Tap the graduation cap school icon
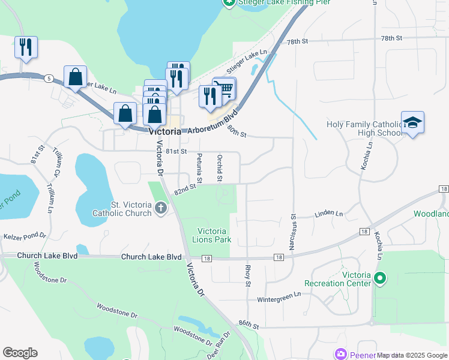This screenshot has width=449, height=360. pos(412,122)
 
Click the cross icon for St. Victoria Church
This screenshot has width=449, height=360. pos(160,208)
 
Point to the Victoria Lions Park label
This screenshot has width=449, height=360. pos(214,235)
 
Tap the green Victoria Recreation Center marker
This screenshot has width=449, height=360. pos(379,278)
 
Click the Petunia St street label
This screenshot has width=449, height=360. pos(199,168)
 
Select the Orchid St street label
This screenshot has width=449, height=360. pos(220,168)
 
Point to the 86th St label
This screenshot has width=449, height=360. pos(248,325)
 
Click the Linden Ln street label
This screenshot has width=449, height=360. pos(328,214)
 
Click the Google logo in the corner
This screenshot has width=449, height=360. pos(20,352)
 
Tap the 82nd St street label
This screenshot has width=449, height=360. pos(185,189)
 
